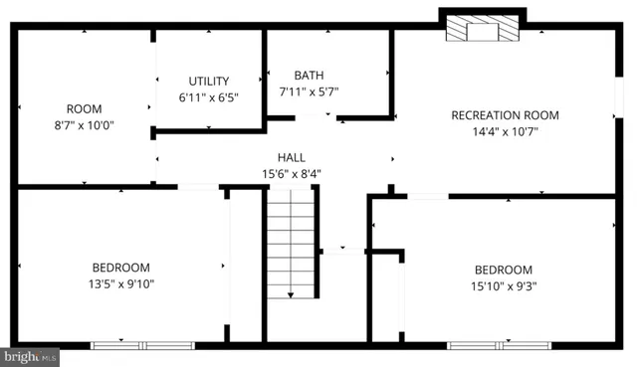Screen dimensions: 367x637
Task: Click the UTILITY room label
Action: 209,82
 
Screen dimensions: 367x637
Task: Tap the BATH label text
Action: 309,75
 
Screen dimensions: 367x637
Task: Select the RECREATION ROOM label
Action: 505,115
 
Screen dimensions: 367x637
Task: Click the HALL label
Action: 291,157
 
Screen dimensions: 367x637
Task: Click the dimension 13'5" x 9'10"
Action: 121,283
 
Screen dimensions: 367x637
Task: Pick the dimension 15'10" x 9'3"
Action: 503,286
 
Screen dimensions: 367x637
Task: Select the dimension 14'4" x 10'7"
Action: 505,132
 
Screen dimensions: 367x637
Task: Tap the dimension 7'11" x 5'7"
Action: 309,92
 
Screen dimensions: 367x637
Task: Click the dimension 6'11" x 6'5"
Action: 209,97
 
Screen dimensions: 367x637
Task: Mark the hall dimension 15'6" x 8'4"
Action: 291,173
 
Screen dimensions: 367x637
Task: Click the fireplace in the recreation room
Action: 483,30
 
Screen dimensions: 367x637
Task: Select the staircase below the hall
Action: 290,244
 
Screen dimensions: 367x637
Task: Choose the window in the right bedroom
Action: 485,345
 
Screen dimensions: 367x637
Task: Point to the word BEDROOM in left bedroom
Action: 121,268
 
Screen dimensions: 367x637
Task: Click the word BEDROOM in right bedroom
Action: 503,271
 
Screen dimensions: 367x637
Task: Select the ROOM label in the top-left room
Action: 77,109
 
